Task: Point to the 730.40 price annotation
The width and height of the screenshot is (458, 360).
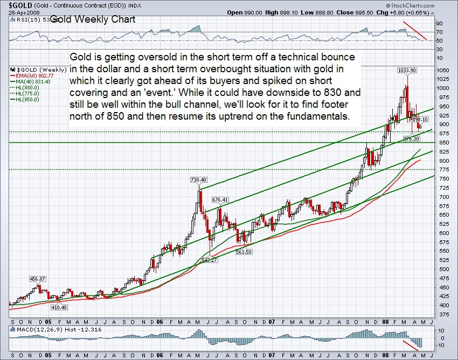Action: (199, 179)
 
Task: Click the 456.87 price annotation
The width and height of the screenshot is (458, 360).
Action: (38, 279)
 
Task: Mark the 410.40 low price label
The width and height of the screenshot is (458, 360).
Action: (59, 307)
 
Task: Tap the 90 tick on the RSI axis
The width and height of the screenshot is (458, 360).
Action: (440, 24)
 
